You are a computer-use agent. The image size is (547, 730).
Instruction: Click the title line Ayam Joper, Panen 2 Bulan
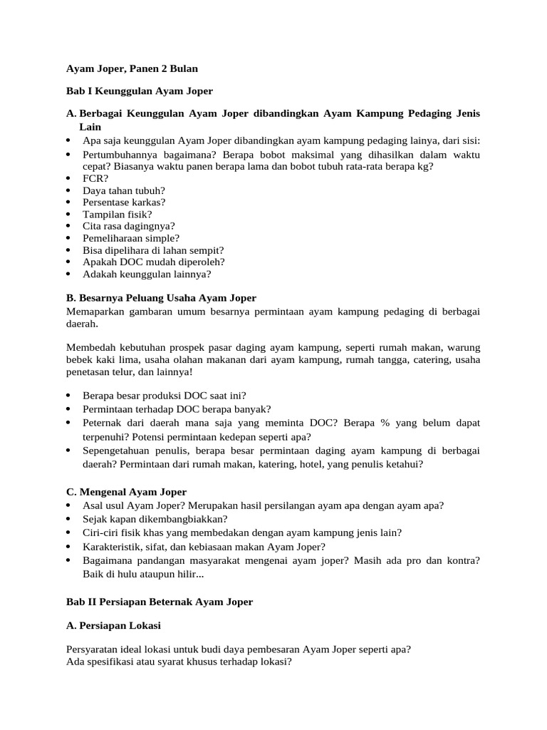132,69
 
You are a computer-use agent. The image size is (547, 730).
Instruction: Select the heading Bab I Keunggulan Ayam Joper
139,91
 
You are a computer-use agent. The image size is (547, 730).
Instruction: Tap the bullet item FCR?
95,178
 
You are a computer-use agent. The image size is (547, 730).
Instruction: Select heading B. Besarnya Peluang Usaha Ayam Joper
160,297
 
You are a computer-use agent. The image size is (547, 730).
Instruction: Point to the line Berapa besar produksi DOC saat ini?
165,395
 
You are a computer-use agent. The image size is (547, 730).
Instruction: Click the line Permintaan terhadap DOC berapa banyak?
177,408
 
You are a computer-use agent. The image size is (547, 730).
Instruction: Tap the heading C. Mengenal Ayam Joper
126,492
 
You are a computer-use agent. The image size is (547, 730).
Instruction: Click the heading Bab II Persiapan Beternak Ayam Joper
159,602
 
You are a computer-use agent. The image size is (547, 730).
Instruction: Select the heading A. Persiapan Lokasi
113,625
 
